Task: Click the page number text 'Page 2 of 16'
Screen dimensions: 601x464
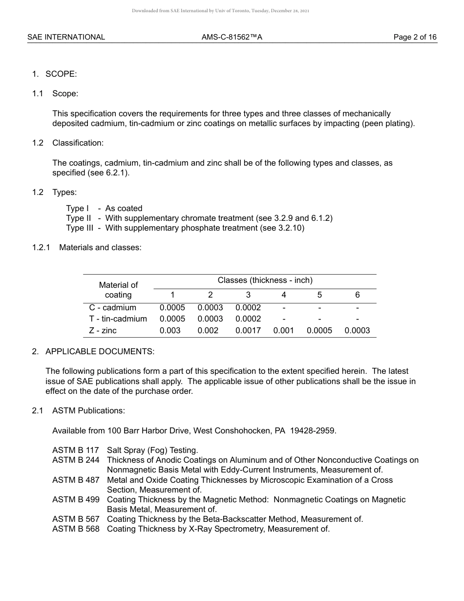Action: (415, 37)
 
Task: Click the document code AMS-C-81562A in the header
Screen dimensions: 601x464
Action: (232, 37)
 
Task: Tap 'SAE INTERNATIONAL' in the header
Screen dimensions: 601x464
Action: (66, 37)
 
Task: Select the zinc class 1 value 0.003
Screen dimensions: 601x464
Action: (170, 331)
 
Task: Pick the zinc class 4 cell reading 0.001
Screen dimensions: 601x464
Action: (283, 331)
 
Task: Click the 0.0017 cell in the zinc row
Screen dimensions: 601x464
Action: (248, 331)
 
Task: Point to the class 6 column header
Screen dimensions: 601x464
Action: (357, 295)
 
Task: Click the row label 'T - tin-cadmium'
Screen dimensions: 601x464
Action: (118, 319)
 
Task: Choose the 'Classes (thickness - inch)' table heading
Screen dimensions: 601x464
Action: (265, 280)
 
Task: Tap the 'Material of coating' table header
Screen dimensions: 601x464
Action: (118, 290)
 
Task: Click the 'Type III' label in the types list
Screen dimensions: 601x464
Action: (80, 228)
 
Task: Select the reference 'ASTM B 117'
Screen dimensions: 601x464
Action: (76, 451)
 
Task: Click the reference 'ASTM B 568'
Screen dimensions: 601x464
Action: (76, 529)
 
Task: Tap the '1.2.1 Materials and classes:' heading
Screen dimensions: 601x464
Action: (87, 248)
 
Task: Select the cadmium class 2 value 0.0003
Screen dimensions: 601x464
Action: (210, 308)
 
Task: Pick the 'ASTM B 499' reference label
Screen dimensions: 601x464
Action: (76, 500)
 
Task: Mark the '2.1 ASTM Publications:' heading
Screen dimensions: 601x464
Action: (79, 411)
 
